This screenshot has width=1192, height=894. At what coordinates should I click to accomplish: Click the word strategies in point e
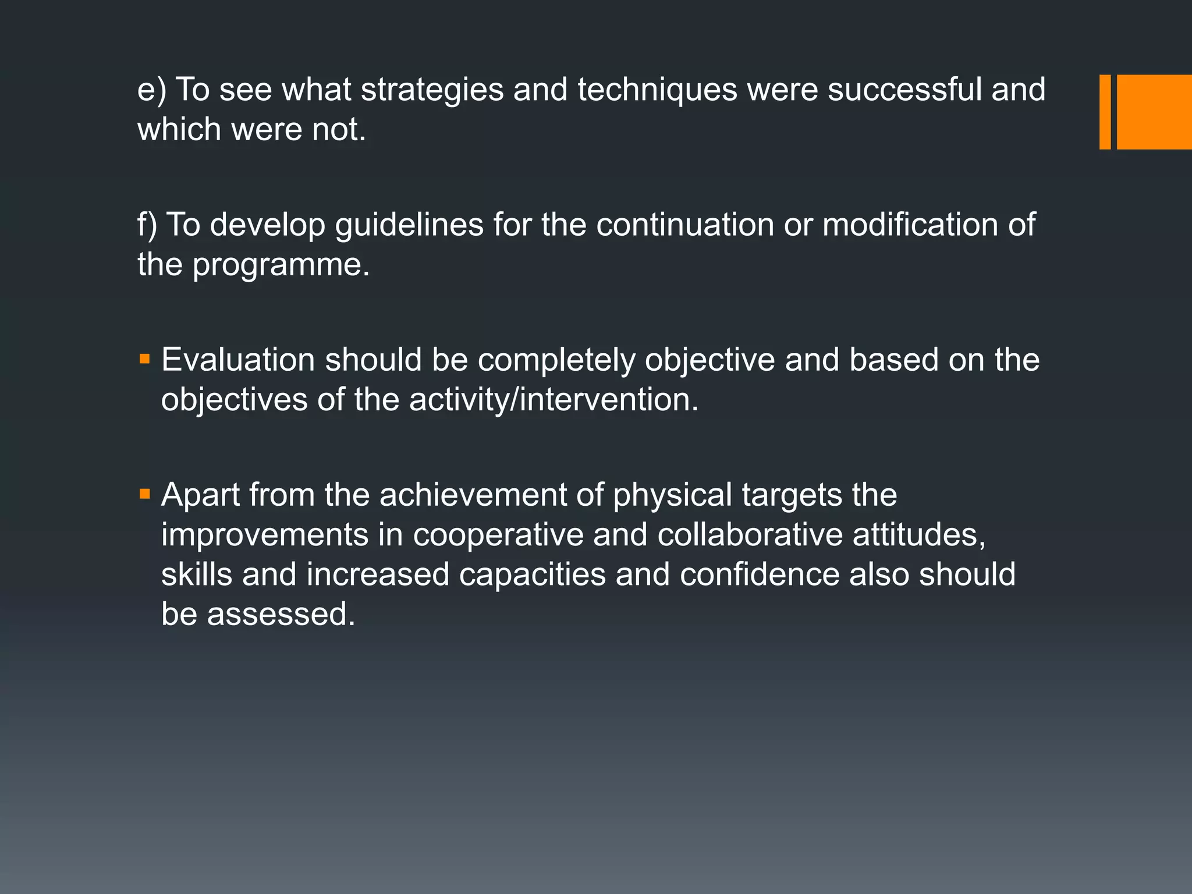pos(432,91)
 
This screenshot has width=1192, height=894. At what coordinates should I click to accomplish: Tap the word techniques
pos(657,91)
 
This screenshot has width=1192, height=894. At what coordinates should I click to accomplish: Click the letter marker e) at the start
pos(152,91)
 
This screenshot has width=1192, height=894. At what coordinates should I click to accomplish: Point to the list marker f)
pos(147,225)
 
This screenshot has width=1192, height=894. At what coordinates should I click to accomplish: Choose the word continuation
pos(684,225)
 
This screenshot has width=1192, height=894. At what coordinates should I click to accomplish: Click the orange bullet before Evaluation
pos(145,359)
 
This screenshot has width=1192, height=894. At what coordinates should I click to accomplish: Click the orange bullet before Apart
pos(145,495)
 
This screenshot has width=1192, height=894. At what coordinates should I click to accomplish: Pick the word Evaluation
pos(238,360)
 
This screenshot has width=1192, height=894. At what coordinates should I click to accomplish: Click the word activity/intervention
pos(554,400)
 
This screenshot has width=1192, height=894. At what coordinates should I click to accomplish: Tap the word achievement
pos(473,495)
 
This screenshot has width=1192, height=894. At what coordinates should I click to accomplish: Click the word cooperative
pos(498,535)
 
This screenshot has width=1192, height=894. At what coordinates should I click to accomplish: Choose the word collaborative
pos(750,535)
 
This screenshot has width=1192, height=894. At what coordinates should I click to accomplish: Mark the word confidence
pos(760,574)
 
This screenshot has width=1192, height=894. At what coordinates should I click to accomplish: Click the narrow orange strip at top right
pos(1105,112)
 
